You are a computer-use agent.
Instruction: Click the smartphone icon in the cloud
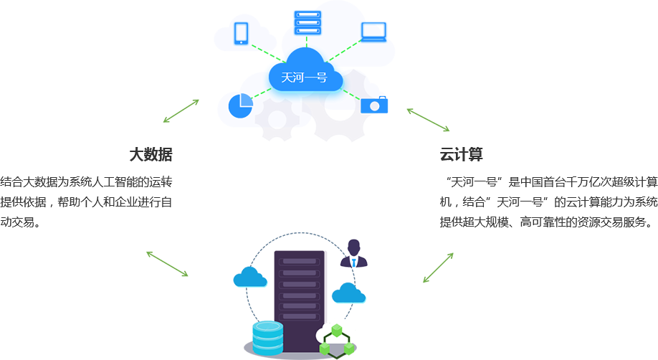pyautogui.click(x=241, y=33)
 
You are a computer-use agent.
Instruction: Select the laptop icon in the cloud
pyautogui.click(x=373, y=30)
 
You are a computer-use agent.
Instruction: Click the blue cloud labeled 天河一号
pyautogui.click(x=304, y=75)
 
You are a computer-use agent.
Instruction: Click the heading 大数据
pyautogui.click(x=151, y=155)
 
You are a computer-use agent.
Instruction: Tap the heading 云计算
pyautogui.click(x=461, y=155)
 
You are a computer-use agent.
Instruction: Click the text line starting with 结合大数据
pyautogui.click(x=86, y=181)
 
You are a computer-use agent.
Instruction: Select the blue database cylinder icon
pyautogui.click(x=268, y=336)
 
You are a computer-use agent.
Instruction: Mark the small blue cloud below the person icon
pyautogui.click(x=348, y=292)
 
